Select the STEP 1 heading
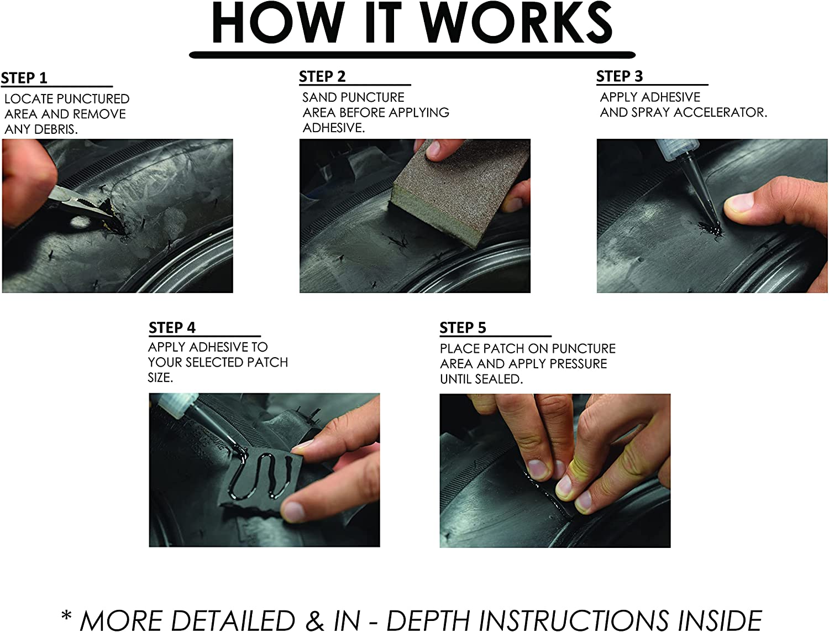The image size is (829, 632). coord(24,78)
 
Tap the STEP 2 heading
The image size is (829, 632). coord(322,76)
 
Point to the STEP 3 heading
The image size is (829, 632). coord(620,76)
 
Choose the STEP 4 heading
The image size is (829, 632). coord(172,328)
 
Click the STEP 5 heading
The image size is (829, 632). coord(463,328)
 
